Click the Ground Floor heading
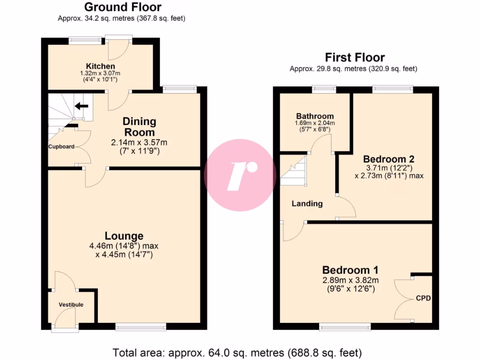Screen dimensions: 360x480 tap(123, 7)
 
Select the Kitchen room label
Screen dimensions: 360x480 tap(100, 66)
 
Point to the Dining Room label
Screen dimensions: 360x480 tap(139, 127)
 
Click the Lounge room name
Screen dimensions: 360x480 tap(124, 236)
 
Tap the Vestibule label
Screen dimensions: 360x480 tap(71, 305)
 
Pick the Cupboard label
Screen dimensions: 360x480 tap(61, 147)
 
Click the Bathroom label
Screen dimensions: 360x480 tap(315, 116)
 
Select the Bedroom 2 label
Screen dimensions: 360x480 tap(389, 158)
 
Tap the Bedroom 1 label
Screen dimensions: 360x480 tap(350, 270)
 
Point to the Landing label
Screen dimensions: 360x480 tap(307, 203)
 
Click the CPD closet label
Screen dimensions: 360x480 tap(423, 298)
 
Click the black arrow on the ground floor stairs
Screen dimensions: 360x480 tap(82, 106)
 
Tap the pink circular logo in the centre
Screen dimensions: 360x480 tap(240, 175)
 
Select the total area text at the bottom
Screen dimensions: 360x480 tap(237, 352)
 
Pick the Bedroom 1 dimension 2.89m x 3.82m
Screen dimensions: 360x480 tap(350, 280)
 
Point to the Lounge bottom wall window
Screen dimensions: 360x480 tap(140, 328)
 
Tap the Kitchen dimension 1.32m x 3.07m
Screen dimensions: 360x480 tap(100, 74)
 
